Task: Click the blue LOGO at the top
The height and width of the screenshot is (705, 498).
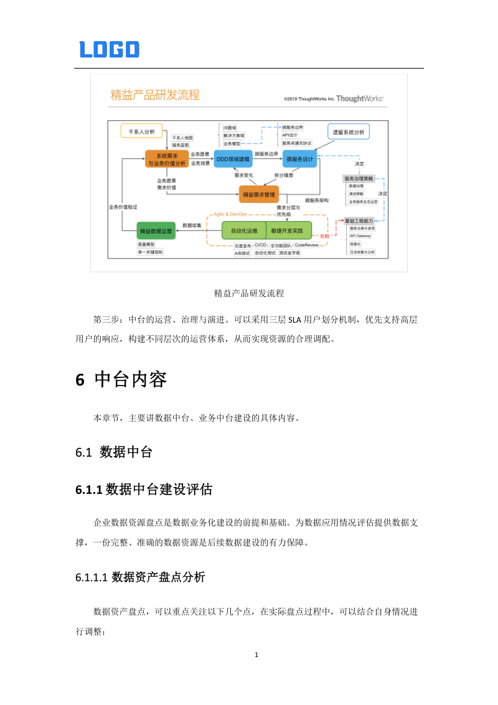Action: (x=110, y=49)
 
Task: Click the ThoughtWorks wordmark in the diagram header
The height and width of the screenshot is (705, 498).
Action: (x=360, y=98)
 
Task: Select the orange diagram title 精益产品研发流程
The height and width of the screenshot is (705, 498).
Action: (x=155, y=95)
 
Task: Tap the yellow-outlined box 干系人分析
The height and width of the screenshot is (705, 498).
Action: (x=141, y=131)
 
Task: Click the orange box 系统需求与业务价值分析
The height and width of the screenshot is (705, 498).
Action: (x=166, y=159)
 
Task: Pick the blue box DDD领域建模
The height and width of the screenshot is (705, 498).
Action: (x=233, y=159)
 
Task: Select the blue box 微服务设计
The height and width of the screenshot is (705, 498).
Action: (x=300, y=159)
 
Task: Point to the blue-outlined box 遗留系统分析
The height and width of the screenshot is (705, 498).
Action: (x=349, y=131)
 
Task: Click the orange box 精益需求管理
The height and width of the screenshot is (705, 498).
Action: (x=258, y=194)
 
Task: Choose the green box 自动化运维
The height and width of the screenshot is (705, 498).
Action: (x=244, y=230)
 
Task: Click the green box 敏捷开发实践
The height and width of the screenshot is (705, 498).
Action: (x=288, y=230)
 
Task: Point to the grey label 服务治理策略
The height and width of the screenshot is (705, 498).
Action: (x=359, y=178)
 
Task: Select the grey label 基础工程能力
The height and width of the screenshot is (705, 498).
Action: (x=359, y=221)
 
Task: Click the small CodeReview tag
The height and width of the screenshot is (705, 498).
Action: (x=306, y=245)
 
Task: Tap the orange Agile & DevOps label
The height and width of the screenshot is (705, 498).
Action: (x=230, y=214)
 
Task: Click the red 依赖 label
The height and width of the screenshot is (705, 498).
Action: (x=324, y=236)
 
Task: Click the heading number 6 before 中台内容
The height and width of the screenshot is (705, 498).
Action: (x=80, y=380)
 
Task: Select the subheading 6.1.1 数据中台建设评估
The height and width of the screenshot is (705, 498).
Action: (x=144, y=490)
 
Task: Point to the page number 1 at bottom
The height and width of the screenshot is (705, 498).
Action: (x=257, y=655)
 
